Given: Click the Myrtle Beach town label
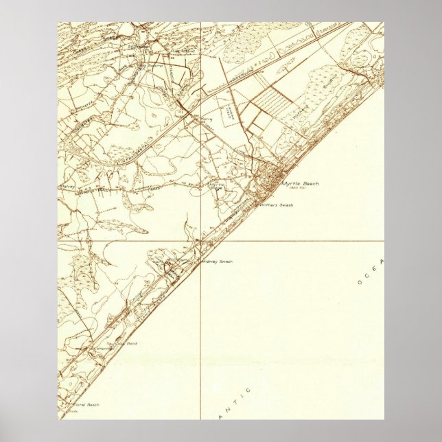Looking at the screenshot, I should (x=301, y=184).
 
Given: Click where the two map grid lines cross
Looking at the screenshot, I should (x=200, y=241).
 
